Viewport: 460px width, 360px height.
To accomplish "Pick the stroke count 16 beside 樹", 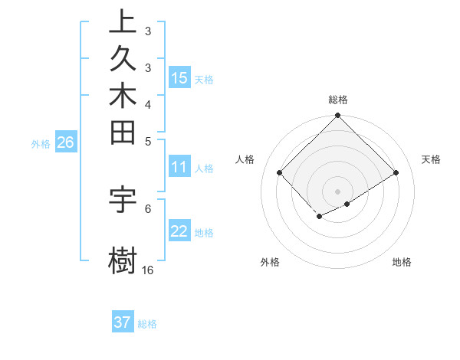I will pyautogui.click(x=147, y=270).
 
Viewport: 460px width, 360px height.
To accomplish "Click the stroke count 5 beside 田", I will pyautogui.click(x=147, y=141).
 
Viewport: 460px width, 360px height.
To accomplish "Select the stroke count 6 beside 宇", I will pyautogui.click(x=147, y=208).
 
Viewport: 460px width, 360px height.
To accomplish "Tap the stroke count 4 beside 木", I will pyautogui.click(x=147, y=104).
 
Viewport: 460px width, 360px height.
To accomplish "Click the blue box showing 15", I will pyautogui.click(x=179, y=77).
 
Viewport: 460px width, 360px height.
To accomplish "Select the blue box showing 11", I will pyautogui.click(x=179, y=166).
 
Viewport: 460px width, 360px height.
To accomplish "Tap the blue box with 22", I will pyautogui.click(x=179, y=231).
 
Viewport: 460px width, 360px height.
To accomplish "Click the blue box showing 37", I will pyautogui.click(x=123, y=322).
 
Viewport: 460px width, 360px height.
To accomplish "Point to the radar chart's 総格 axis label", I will pyautogui.click(x=338, y=100).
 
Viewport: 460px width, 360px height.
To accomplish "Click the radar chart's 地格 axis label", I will pyautogui.click(x=402, y=262).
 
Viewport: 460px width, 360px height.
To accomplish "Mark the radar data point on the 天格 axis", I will pyautogui.click(x=396, y=172).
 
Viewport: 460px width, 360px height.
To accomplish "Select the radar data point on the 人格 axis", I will pyautogui.click(x=280, y=172).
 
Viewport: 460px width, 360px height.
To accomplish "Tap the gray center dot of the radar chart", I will pyautogui.click(x=338, y=191).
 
